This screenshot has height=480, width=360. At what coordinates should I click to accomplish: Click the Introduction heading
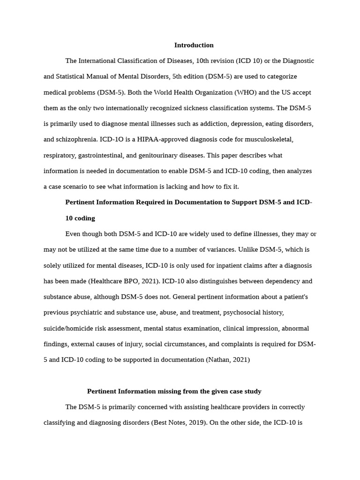194,45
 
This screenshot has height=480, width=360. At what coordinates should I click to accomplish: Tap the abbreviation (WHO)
225,92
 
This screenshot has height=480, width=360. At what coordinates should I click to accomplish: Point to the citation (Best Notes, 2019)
179,423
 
